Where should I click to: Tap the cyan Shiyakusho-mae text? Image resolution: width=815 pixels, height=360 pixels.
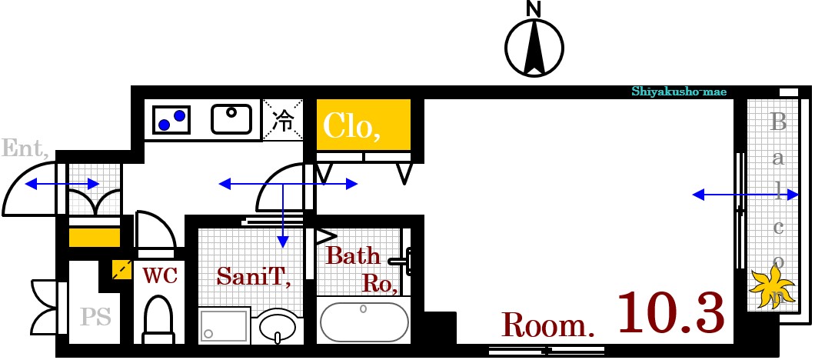[x=679, y=92]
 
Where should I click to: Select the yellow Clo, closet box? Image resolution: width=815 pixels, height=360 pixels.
[x=364, y=125]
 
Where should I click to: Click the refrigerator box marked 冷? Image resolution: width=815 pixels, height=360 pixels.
[x=283, y=120]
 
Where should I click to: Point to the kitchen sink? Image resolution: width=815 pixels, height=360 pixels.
[x=231, y=119]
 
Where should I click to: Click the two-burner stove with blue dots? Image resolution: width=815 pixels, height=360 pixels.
[x=171, y=120]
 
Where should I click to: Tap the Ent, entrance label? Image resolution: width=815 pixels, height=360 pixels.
[x=25, y=148]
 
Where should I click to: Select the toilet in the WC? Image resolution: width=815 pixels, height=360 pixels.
[x=158, y=318]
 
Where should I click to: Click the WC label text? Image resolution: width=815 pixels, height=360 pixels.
[x=160, y=275]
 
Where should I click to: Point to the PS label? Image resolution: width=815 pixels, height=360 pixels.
[x=95, y=316]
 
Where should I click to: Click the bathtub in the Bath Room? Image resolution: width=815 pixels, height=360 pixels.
[x=364, y=321]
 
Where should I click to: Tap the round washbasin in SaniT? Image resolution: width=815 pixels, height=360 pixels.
[x=278, y=325]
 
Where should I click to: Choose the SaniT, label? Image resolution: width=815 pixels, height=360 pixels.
[x=253, y=275]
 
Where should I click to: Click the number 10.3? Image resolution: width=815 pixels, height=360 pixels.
[x=671, y=312]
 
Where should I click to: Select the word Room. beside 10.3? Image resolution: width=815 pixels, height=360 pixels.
[x=547, y=325]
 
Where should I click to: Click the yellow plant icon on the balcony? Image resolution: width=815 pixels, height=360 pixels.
[x=773, y=287]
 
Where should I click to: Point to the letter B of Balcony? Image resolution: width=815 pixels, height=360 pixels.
[x=778, y=122]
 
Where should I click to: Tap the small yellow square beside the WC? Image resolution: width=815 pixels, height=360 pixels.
[x=121, y=269]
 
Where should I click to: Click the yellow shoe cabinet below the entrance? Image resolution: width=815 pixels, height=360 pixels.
[x=95, y=237]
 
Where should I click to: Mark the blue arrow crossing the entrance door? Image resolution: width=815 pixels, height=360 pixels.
[x=62, y=184]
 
